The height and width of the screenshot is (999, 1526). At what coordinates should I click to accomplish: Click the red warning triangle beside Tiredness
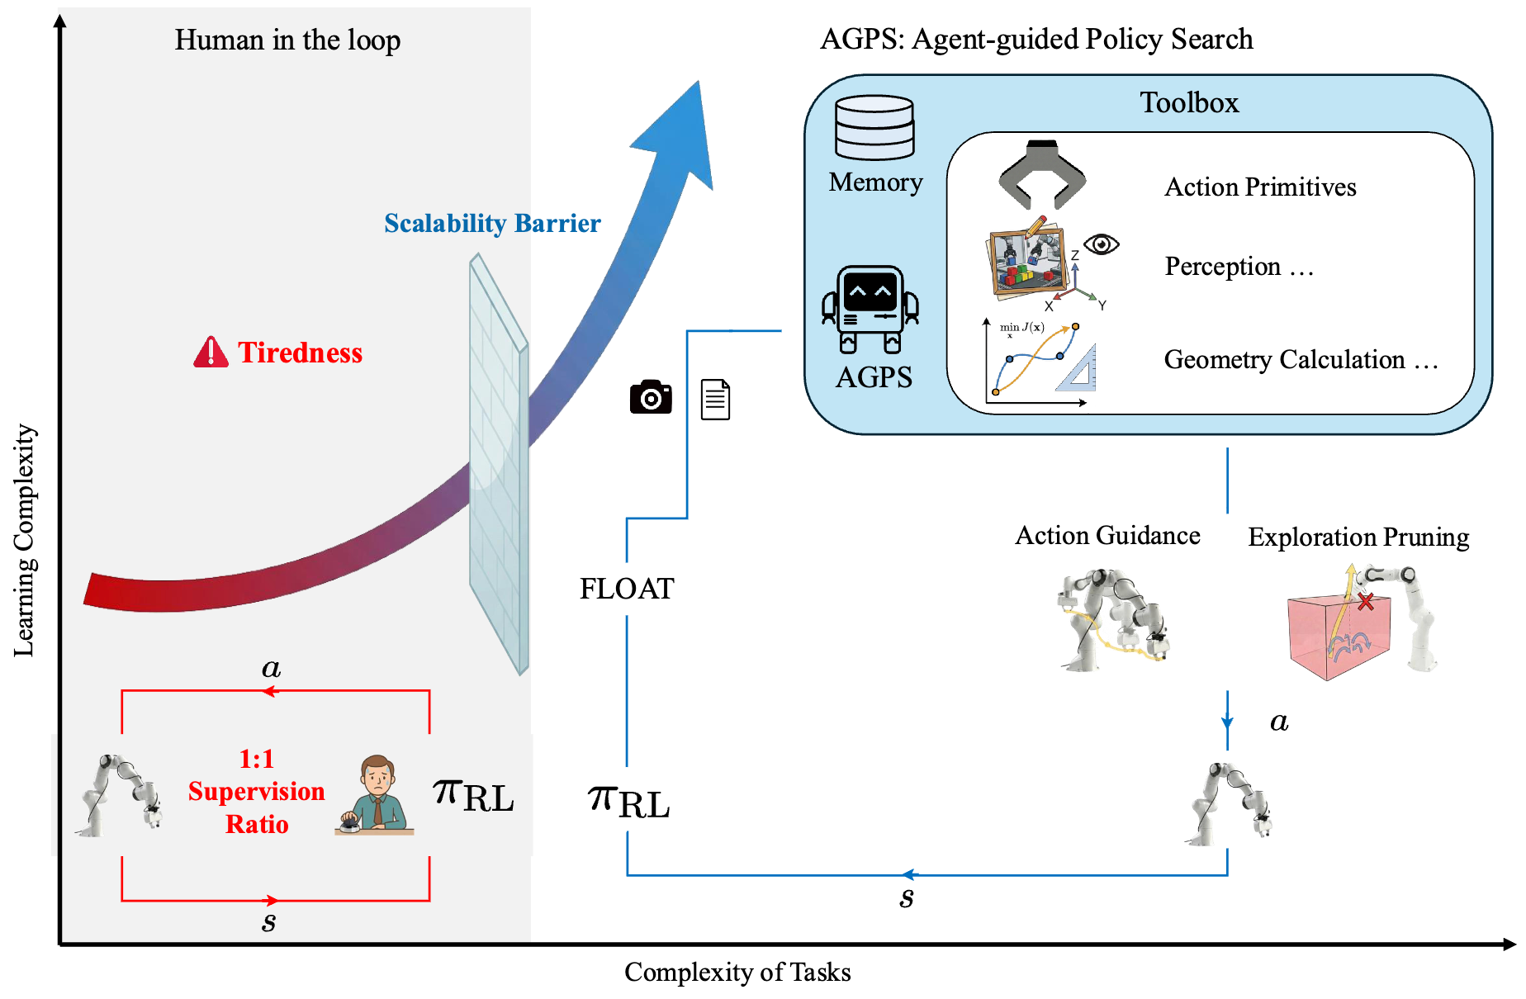211,353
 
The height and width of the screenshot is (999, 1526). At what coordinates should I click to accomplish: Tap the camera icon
651,398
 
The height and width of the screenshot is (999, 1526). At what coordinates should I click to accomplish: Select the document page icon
715,400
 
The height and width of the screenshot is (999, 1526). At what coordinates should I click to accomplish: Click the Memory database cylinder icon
874,127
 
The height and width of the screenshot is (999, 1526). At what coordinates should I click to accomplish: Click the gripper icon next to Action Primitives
1042,175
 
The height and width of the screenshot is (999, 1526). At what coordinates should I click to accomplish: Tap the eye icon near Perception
1101,244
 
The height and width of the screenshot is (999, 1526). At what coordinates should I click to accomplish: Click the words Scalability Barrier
492,224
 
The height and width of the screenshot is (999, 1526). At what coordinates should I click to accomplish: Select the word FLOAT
627,589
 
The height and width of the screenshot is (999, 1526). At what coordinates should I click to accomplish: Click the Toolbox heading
1189,103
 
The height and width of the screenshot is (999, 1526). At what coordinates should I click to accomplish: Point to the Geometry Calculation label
1301,360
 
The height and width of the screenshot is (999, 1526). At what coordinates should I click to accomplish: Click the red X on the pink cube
1366,601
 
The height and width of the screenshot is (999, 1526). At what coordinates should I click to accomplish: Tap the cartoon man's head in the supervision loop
377,774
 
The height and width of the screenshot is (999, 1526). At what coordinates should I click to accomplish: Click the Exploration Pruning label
1358,537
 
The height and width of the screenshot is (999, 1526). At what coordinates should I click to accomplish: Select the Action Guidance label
1107,536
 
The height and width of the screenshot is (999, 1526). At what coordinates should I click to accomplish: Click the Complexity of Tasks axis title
737,972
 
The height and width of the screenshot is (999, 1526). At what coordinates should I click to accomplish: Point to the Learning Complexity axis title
24,541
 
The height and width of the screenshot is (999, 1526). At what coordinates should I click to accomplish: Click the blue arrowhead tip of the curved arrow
698,85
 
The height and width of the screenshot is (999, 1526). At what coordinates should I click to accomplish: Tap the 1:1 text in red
256,759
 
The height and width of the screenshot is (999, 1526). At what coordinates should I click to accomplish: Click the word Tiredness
301,353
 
